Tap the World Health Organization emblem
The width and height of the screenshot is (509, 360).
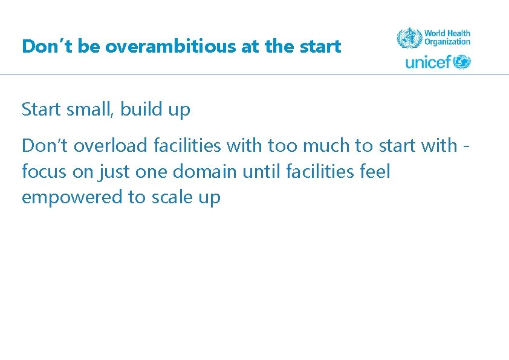[409, 38]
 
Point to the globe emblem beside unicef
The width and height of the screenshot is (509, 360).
[462, 62]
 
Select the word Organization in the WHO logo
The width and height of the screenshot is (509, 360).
[447, 42]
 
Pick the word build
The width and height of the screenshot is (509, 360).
[140, 110]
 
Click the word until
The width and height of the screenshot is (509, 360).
[258, 172]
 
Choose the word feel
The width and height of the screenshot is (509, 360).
[375, 172]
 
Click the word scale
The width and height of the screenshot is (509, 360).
[170, 198]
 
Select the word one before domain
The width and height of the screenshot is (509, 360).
[152, 172]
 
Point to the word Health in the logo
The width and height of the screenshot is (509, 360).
[459, 34]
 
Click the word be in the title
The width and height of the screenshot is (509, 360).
[88, 47]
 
